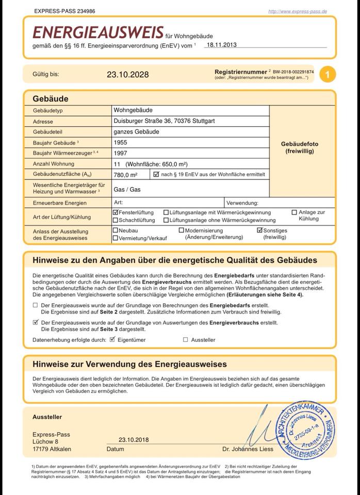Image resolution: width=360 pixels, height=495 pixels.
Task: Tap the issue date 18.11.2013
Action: coord(221,45)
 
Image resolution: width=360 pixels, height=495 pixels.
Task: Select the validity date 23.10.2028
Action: coord(128,74)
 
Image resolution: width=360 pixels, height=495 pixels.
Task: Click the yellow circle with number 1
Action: coord(328,74)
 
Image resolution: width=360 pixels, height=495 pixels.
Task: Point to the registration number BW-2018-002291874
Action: coord(293,72)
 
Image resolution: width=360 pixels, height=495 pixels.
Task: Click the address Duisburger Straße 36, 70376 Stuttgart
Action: coord(164,121)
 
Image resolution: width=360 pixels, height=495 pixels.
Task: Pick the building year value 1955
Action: coord(121,142)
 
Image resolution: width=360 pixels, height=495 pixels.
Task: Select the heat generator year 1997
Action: coord(121,153)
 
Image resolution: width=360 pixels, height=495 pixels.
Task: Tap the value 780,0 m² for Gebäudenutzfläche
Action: coord(125,175)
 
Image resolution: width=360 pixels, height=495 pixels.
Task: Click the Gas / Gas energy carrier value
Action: coord(127,190)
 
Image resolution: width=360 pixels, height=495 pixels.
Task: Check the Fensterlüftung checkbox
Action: coord(116,212)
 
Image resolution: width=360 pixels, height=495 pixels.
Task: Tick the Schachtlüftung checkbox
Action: coord(116,220)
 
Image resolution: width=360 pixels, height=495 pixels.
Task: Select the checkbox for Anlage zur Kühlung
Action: coord(294,212)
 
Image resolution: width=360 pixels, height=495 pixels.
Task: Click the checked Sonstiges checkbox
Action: coord(260,230)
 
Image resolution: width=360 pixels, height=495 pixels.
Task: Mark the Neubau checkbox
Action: coord(116,230)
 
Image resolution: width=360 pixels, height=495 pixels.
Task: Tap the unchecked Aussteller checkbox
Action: coord(186,340)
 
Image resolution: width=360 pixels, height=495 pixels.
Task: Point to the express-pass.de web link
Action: coord(297,11)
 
